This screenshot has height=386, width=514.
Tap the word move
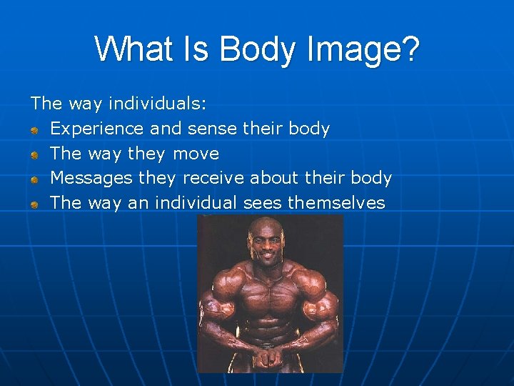click(196, 154)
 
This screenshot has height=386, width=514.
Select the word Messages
click(92, 178)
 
